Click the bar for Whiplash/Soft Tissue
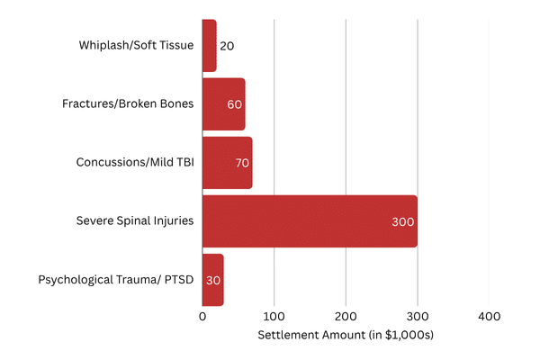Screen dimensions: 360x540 click(x=209, y=45)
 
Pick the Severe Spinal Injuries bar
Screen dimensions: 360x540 click(x=306, y=220)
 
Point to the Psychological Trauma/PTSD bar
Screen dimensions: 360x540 click(x=212, y=279)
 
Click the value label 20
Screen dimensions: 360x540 click(x=227, y=46)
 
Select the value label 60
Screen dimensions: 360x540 click(x=235, y=104)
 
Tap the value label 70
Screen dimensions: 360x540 click(x=241, y=163)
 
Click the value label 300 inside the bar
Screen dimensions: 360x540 click(x=403, y=221)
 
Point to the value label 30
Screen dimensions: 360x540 click(x=213, y=280)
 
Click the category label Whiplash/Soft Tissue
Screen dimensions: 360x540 click(x=136, y=45)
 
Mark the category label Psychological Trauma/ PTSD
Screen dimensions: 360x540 click(x=116, y=279)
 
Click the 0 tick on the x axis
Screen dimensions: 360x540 click(x=202, y=317)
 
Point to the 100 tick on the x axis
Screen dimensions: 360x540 click(x=274, y=317)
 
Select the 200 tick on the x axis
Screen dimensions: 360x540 click(x=346, y=317)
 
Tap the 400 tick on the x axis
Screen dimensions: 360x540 click(x=489, y=317)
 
